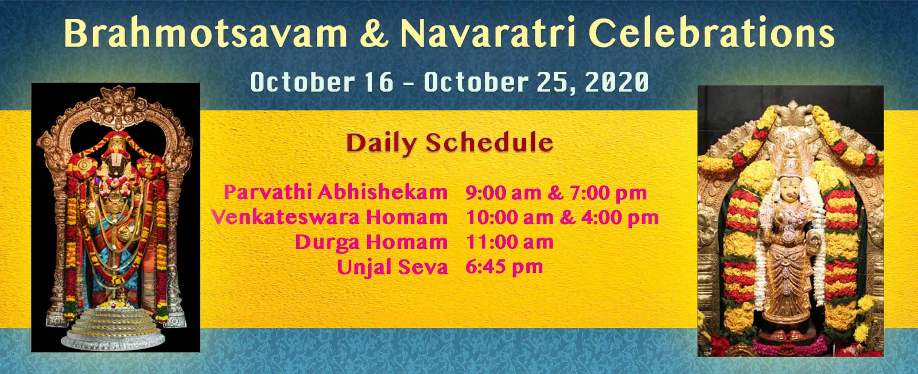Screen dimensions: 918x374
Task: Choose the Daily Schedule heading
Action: pos(450,144)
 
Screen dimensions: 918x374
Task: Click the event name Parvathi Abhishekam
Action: pos(336,193)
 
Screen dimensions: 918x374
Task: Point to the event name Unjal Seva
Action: pos(392,267)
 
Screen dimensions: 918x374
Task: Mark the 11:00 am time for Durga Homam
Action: pos(509,242)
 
